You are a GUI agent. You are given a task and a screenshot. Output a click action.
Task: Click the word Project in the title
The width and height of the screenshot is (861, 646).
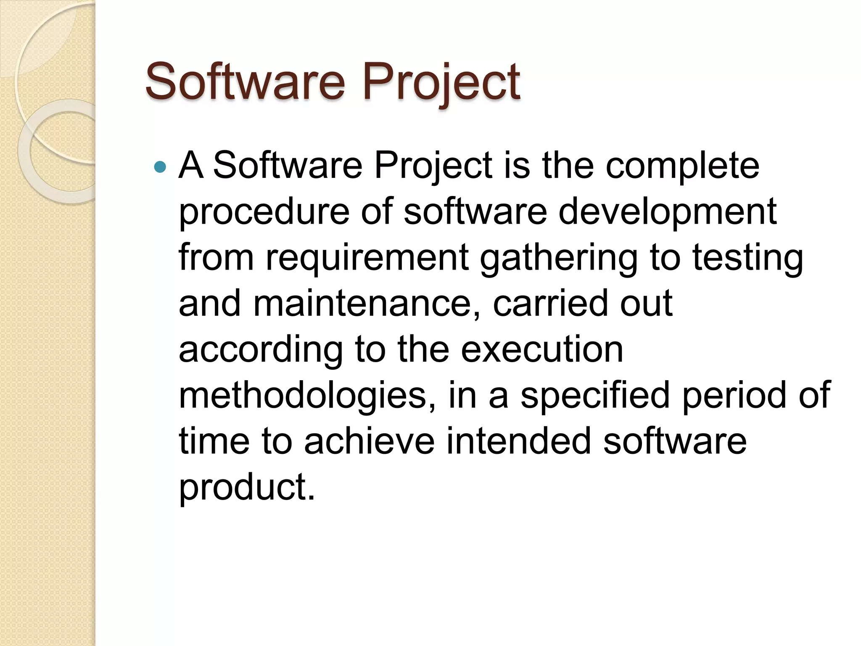pyautogui.click(x=441, y=82)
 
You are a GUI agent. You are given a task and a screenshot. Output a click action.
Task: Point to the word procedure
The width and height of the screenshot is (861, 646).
pyautogui.click(x=264, y=212)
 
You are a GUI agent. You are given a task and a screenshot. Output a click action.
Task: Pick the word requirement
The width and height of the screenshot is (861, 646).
pyautogui.click(x=367, y=258)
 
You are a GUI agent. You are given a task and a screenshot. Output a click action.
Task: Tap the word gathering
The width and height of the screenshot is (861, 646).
pyautogui.click(x=559, y=258)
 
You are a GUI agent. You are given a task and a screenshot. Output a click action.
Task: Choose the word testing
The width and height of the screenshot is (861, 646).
pyautogui.click(x=748, y=258)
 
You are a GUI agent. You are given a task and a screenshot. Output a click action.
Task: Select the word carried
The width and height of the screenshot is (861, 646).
pyautogui.click(x=550, y=303)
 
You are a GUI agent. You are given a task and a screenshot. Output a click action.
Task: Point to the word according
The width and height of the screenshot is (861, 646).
pyautogui.click(x=261, y=349)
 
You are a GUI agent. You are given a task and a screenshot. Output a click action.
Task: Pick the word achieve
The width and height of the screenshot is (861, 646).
pyautogui.click(x=369, y=441)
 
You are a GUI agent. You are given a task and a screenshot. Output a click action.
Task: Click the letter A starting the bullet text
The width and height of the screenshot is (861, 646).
pyautogui.click(x=191, y=165)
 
